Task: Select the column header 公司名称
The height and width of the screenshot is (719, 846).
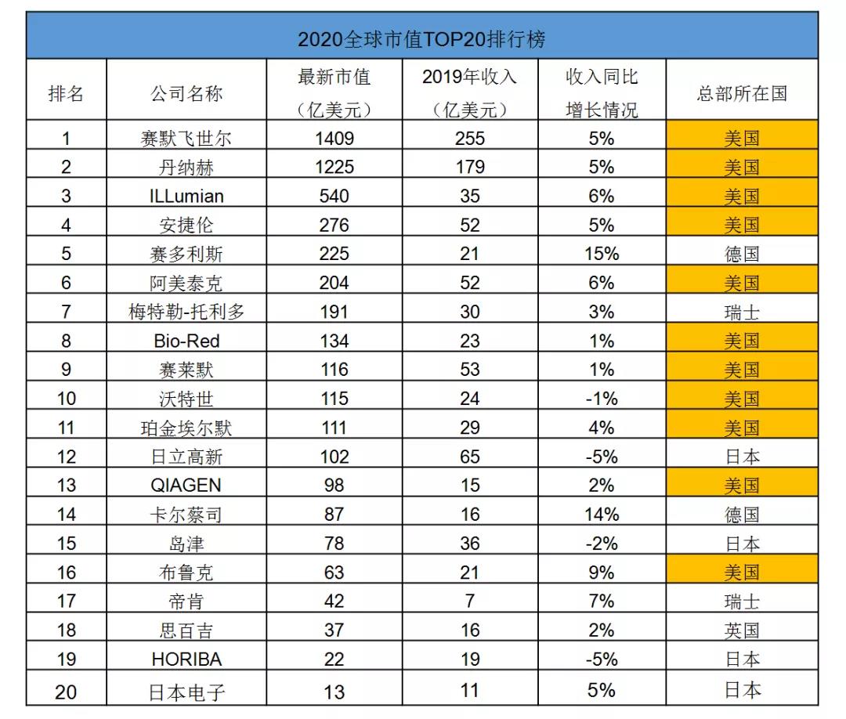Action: (x=186, y=94)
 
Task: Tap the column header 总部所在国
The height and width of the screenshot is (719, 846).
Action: (x=741, y=94)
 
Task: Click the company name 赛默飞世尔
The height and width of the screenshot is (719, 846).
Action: (x=186, y=139)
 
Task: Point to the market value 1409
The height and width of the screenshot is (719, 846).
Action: (x=334, y=139)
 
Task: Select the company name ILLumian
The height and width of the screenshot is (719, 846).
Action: (x=186, y=196)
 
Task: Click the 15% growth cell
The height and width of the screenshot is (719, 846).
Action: (x=602, y=254)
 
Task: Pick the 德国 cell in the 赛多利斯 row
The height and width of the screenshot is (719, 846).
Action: (x=741, y=254)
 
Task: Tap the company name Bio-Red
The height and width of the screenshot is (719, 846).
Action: (x=186, y=341)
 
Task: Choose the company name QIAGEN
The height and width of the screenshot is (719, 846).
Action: (x=186, y=486)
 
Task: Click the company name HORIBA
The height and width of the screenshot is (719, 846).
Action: (x=186, y=659)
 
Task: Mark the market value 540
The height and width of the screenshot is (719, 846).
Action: (x=334, y=196)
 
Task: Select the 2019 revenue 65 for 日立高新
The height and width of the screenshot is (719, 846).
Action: (x=469, y=457)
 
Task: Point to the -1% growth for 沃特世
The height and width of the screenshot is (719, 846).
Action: (x=602, y=399)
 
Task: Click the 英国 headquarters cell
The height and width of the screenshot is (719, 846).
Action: (x=741, y=630)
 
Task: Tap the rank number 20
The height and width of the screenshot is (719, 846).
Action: (x=67, y=690)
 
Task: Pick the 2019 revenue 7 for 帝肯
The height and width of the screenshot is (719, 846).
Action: (x=469, y=602)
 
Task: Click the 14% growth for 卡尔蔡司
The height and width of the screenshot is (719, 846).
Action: (x=602, y=515)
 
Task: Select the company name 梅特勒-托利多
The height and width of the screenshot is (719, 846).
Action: (x=186, y=312)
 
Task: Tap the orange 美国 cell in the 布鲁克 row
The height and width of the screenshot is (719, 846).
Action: (x=741, y=573)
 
